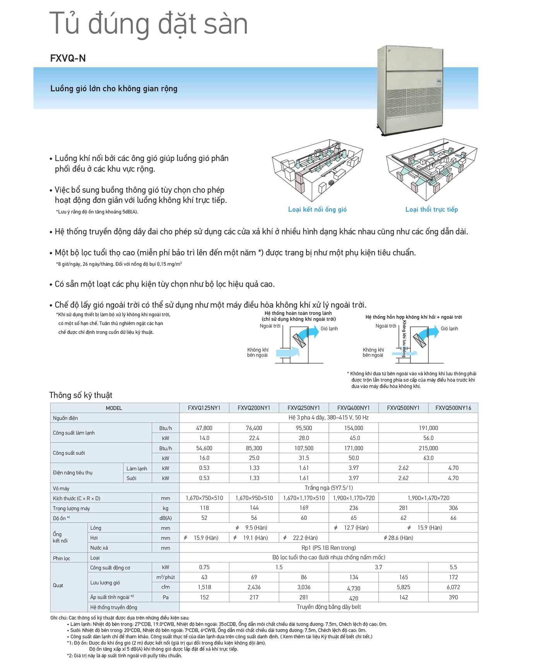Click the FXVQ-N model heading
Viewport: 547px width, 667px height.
click(68, 58)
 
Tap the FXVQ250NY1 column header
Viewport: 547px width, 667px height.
click(304, 408)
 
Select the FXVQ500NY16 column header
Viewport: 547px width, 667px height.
click(453, 408)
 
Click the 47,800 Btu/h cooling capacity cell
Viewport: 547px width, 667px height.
click(204, 428)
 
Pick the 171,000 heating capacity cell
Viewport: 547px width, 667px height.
click(354, 448)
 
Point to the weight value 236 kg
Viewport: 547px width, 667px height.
click(354, 508)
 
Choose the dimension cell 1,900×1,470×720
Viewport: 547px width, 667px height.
click(428, 498)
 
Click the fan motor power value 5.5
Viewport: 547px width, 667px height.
click(453, 567)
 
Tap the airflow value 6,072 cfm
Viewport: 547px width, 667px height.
click(453, 587)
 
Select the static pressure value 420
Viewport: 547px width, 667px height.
click(354, 598)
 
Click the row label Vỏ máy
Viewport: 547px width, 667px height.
click(61, 488)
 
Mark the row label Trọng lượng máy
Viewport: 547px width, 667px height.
click(71, 508)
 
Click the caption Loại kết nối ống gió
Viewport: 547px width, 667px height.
click(317, 209)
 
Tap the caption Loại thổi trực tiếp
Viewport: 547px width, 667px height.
click(431, 209)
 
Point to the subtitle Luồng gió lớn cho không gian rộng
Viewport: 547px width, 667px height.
click(114, 89)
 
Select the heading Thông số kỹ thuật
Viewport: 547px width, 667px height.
click(80, 395)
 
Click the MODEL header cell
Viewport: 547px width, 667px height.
click(114, 408)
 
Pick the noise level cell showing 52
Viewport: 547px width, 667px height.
click(204, 518)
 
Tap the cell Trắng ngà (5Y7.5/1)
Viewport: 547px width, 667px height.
click(328, 488)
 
